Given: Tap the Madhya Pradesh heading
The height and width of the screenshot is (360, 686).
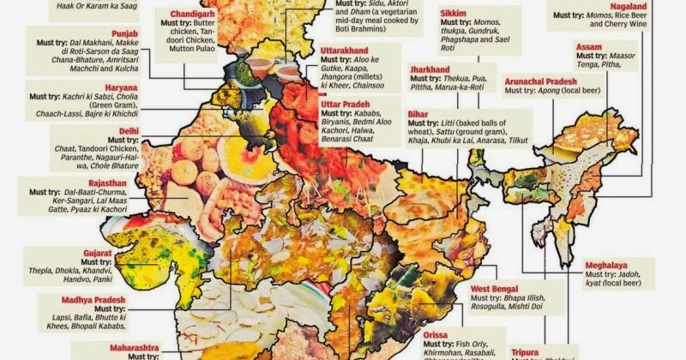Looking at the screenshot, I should [93, 300].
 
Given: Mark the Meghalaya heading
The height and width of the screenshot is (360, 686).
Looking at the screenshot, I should [611, 265].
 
